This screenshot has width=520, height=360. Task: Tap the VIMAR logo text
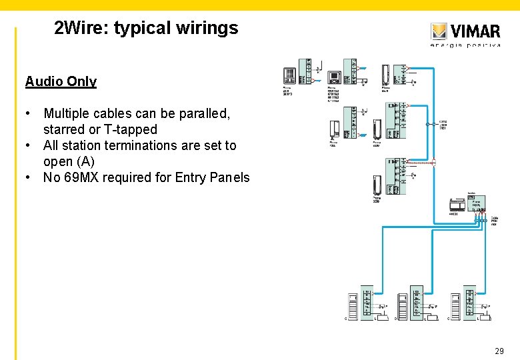(x=475, y=31)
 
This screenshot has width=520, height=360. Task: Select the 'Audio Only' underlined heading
(x=61, y=81)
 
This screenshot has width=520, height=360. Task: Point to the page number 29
(x=499, y=351)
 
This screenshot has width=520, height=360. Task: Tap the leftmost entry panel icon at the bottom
(x=353, y=306)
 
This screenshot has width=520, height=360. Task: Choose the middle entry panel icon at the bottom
(x=403, y=306)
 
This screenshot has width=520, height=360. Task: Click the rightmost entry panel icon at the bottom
(x=456, y=306)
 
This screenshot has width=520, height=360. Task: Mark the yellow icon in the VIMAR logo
(x=438, y=31)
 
